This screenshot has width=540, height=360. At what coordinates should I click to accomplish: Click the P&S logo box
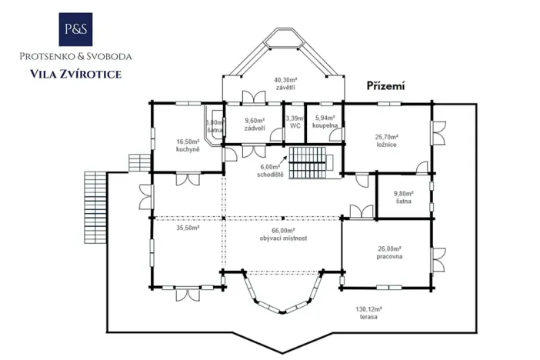coord(75,29)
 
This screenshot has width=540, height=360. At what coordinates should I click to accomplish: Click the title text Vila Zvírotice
coord(75,75)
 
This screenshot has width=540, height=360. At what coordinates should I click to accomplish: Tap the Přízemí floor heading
coord(385,86)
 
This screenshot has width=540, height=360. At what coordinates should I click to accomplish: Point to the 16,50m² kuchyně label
coord(187,145)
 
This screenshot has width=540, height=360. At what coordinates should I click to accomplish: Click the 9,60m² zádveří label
coord(255,125)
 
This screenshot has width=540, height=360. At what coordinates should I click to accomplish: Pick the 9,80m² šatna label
coord(403,198)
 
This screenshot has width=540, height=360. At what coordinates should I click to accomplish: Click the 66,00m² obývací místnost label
coord(284,235)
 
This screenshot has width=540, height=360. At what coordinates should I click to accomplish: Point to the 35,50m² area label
coord(188,228)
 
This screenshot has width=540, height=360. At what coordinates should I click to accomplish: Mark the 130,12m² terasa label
coord(368,313)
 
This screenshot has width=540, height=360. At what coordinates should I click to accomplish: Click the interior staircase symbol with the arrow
coord(308,163)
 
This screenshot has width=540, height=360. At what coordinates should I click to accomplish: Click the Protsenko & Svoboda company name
coord(75,56)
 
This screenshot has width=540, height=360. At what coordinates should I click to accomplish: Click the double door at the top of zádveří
coord(253,97)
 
